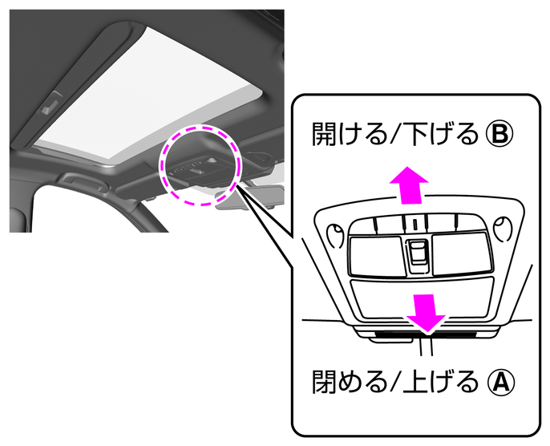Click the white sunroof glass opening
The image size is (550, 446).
(x=152, y=88)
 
